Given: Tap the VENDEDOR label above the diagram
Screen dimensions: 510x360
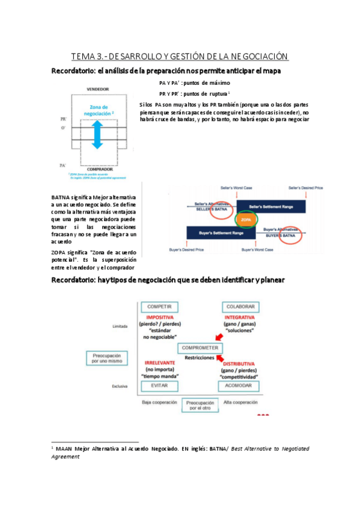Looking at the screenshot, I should tap(98, 89).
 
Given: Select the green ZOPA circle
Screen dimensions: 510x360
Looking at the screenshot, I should tap(246, 220).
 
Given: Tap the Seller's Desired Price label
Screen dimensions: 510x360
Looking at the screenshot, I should tap(306, 188).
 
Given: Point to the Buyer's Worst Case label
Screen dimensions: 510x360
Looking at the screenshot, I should tap(257, 249).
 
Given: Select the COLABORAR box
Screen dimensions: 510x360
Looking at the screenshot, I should tap(240, 307).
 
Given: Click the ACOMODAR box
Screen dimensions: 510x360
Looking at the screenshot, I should tap(240, 386).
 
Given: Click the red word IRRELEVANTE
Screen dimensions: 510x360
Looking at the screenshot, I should tap(159, 363).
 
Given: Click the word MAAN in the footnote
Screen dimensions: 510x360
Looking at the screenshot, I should tap(66, 449).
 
